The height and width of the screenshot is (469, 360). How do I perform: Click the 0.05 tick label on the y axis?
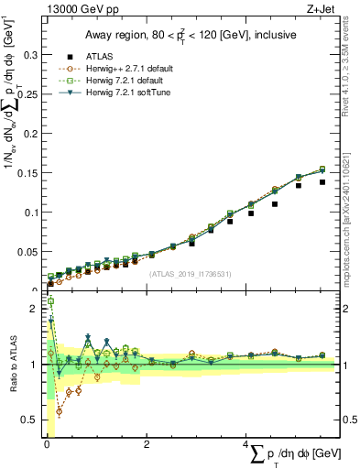tap(27, 251)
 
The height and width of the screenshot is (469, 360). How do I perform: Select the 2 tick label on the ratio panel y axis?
tap(34, 309)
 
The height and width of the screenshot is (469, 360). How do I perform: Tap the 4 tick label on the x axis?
tap(247, 444)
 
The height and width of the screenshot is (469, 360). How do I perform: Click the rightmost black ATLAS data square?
tap(322, 181)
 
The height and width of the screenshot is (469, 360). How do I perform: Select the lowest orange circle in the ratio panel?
tap(60, 411)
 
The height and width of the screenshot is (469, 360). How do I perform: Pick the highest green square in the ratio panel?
tap(51, 301)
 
